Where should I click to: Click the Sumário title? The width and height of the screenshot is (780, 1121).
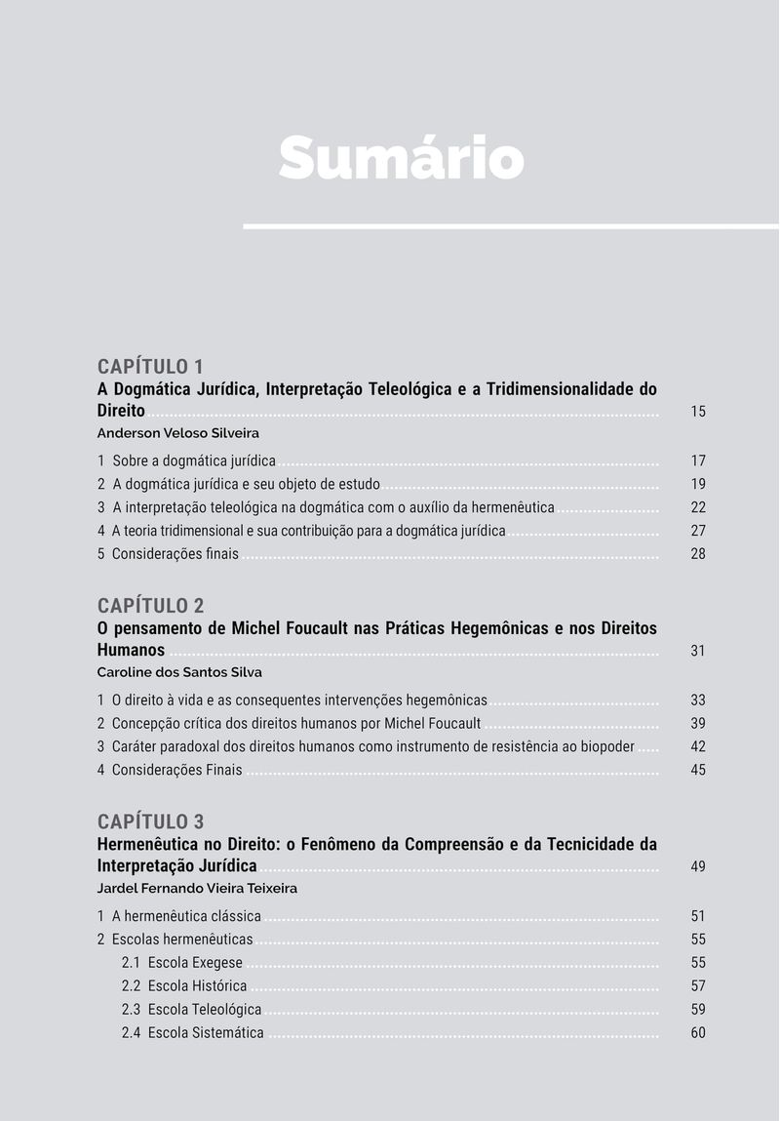401,157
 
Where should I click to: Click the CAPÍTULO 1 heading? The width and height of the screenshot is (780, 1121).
150,367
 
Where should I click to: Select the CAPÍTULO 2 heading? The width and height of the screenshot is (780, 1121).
150,606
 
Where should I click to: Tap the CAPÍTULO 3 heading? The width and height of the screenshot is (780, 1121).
150,821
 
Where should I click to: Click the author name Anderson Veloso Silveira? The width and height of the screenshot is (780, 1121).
177,433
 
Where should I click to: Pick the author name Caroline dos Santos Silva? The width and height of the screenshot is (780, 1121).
179,672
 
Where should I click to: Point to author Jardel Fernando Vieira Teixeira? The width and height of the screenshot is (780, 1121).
197,889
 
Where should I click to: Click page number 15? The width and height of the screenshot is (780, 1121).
698,412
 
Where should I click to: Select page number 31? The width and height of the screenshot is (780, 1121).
698,651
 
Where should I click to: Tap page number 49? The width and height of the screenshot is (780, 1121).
698,866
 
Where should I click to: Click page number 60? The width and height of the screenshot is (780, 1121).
698,1032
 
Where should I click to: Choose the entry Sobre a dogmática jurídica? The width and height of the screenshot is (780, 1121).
194,460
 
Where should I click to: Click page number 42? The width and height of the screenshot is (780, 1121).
698,746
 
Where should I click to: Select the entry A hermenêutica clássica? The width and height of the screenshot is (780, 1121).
186,916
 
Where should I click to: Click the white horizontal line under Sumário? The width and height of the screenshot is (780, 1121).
511,226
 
